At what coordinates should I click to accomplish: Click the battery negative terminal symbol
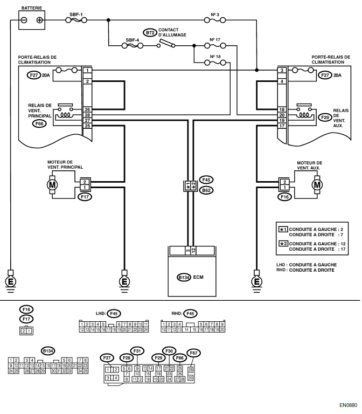(x=24, y=20)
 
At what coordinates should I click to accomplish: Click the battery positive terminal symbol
(x=39, y=20)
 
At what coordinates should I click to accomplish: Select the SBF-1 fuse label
(x=76, y=15)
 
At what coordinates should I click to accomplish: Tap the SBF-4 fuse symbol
(x=133, y=46)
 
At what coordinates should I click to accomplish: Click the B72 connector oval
(x=150, y=33)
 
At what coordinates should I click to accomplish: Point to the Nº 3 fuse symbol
(x=215, y=20)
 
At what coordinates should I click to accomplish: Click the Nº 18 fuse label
(x=215, y=57)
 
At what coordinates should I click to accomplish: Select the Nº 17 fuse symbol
(x=215, y=46)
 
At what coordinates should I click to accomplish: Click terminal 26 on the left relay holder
(x=87, y=109)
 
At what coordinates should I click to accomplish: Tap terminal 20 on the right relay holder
(x=282, y=115)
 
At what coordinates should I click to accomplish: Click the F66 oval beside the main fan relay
(x=39, y=123)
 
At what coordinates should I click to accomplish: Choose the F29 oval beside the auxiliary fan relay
(x=325, y=118)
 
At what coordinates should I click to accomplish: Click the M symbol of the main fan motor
(x=52, y=185)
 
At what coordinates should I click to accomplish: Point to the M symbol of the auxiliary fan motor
(x=317, y=185)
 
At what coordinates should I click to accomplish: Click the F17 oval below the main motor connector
(x=85, y=197)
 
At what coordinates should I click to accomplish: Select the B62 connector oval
(x=206, y=190)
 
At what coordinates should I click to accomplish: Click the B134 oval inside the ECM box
(x=184, y=278)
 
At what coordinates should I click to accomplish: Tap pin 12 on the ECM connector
(x=193, y=250)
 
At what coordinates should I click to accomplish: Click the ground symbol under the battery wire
(x=11, y=282)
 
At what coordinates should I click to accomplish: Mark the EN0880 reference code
(x=348, y=405)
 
